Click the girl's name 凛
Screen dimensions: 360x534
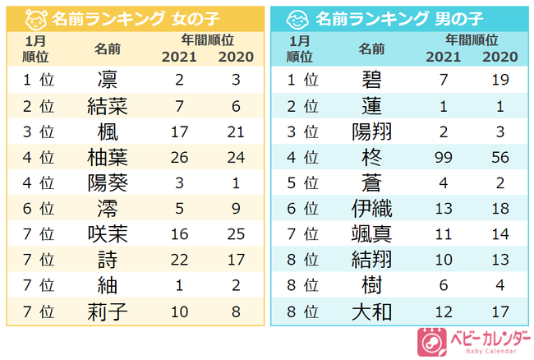(106, 80)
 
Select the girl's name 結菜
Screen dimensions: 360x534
(106, 106)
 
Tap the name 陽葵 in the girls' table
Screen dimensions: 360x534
(106, 182)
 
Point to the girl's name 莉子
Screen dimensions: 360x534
(106, 312)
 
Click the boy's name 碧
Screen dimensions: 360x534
(371, 79)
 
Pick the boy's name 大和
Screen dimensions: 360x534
(371, 312)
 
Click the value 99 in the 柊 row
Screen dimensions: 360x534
(444, 157)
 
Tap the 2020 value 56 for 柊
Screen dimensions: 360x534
(499, 157)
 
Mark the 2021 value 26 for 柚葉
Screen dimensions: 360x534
(178, 157)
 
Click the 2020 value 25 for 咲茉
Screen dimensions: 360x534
(235, 234)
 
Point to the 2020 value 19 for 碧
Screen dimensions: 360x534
(499, 80)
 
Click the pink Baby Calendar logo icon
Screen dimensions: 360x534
(431, 340)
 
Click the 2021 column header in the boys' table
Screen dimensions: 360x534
(444, 57)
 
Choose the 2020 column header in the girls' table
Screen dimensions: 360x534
(235, 57)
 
